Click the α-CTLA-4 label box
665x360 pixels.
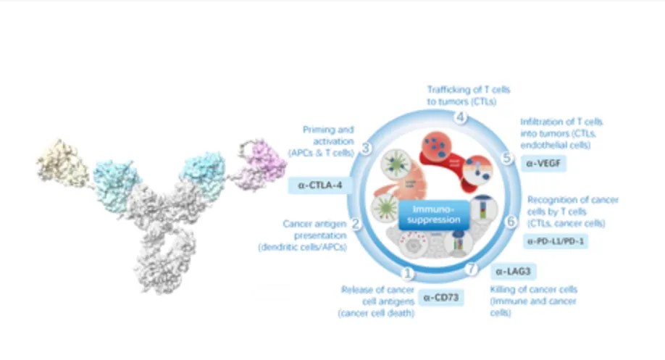pos(319,185)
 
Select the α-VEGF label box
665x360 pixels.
pos(546,164)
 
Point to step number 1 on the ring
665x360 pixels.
pos(407,274)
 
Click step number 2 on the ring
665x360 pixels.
pos(356,225)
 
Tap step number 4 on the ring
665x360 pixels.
pos(457,117)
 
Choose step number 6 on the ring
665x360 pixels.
pos(511,222)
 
